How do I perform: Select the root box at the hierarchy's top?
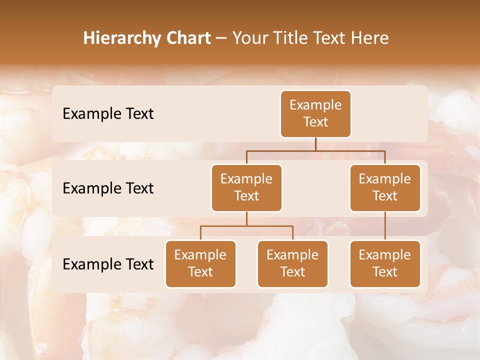pyautogui.click(x=315, y=113)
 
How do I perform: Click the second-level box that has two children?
pyautogui.click(x=246, y=187)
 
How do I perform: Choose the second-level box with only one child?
pyautogui.click(x=385, y=187)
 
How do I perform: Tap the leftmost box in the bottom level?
pyautogui.click(x=200, y=263)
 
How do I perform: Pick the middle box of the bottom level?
pyautogui.click(x=292, y=263)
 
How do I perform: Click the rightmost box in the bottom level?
pyautogui.click(x=385, y=263)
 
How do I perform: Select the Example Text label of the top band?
pyautogui.click(x=108, y=113)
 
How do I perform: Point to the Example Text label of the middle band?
pyautogui.click(x=108, y=188)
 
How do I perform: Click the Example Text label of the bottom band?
pyautogui.click(x=108, y=264)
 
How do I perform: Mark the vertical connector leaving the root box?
pyautogui.click(x=315, y=144)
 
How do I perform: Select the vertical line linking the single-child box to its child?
pyautogui.click(x=385, y=226)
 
